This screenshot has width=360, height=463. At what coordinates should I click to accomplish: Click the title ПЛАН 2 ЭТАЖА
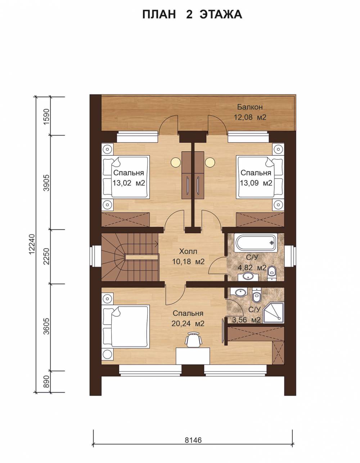[x=192, y=15]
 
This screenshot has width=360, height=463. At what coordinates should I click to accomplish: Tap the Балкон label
[x=250, y=107]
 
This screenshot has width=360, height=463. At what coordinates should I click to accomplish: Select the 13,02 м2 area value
[x=129, y=183]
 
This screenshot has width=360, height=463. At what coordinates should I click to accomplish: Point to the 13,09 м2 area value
[x=256, y=183]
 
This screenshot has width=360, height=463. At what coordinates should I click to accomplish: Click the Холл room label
[x=188, y=251]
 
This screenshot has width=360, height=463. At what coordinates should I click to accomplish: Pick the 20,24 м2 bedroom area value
[x=188, y=324]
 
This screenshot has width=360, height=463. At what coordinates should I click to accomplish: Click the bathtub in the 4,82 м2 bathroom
[x=256, y=243]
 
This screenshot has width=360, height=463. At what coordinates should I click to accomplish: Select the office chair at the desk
[x=193, y=339]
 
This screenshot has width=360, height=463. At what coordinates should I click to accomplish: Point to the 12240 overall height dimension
[x=31, y=244]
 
